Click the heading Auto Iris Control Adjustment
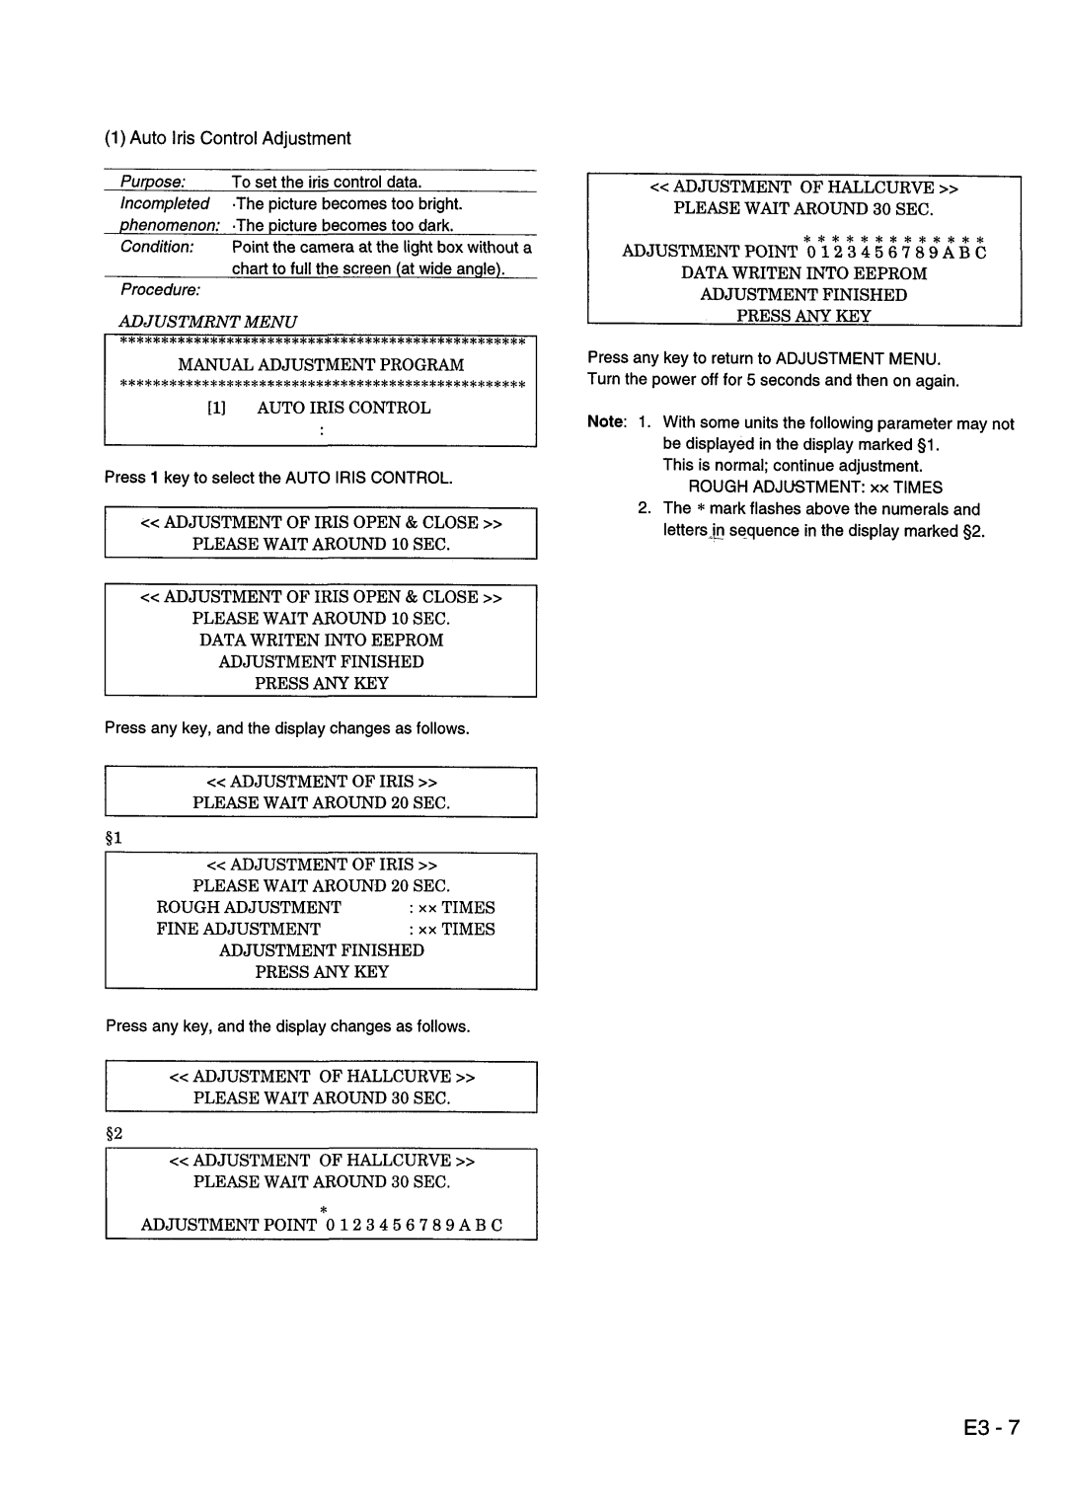tap(228, 138)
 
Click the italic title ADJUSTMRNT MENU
tap(208, 322)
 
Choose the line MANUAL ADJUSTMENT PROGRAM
tap(321, 365)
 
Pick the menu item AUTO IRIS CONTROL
tap(343, 408)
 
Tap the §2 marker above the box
tap(114, 1133)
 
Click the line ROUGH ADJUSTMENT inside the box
tap(249, 907)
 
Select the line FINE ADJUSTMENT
tap(239, 929)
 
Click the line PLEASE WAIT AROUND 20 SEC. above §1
tap(321, 802)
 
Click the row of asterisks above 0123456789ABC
tap(892, 239)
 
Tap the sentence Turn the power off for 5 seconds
tap(773, 381)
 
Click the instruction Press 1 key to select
tap(279, 478)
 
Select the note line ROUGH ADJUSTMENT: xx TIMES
tap(815, 487)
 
